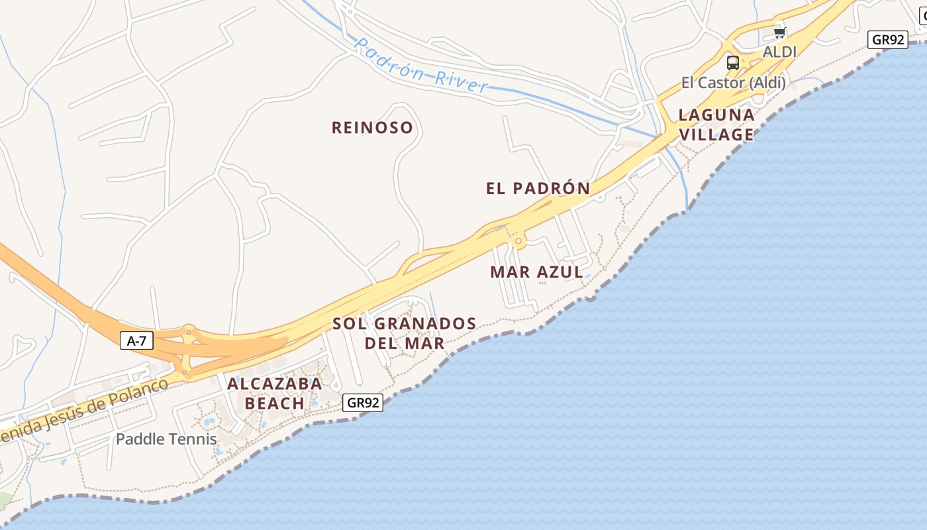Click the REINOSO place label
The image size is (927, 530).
click(x=372, y=127)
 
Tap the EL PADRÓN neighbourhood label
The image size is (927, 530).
click(x=538, y=188)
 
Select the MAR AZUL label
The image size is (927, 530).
click(x=536, y=272)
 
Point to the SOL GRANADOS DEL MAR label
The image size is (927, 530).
click(x=404, y=333)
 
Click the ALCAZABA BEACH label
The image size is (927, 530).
click(x=274, y=393)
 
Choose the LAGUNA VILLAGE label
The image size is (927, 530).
click(x=716, y=125)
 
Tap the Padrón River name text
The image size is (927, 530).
click(x=421, y=66)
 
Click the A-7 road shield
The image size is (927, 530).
click(x=136, y=341)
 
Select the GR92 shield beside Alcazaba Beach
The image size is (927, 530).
click(x=364, y=402)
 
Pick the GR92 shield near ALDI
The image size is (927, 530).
click(x=888, y=40)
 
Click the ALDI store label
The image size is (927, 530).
click(x=779, y=52)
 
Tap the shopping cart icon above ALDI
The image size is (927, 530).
click(x=779, y=32)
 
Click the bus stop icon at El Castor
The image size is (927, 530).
click(x=732, y=63)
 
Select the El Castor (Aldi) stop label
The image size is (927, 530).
click(x=733, y=83)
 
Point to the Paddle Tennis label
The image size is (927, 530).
click(x=166, y=439)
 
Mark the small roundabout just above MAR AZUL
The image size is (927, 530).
click(x=518, y=242)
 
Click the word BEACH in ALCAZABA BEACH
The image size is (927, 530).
click(x=274, y=403)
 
